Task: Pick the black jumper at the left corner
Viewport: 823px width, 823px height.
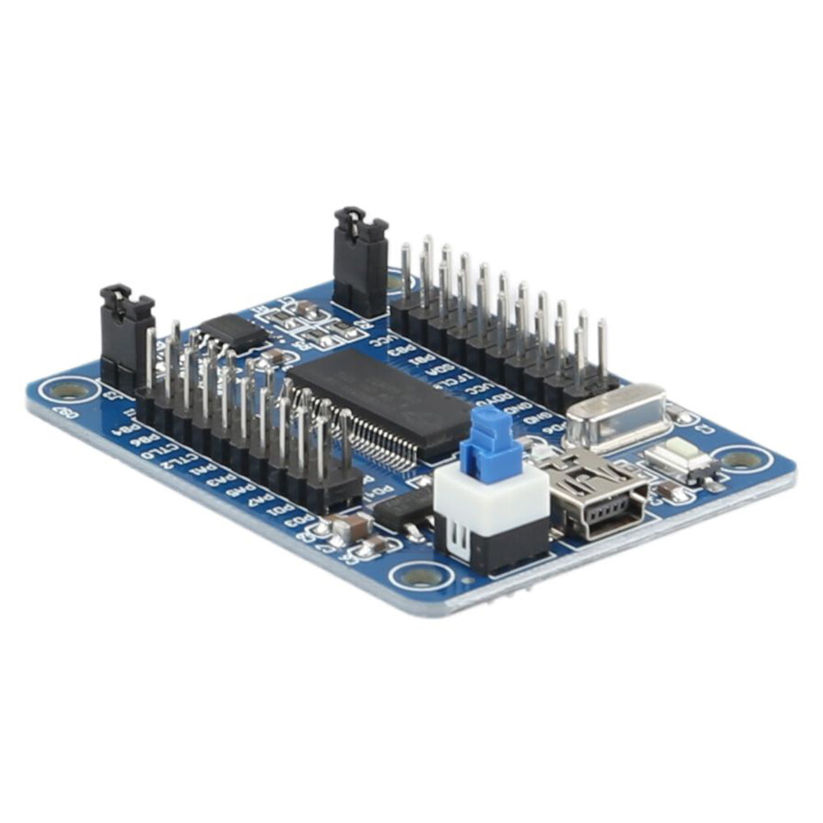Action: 126,337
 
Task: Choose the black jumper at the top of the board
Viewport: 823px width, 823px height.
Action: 360,261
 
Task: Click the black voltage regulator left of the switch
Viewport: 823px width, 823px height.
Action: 405,510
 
